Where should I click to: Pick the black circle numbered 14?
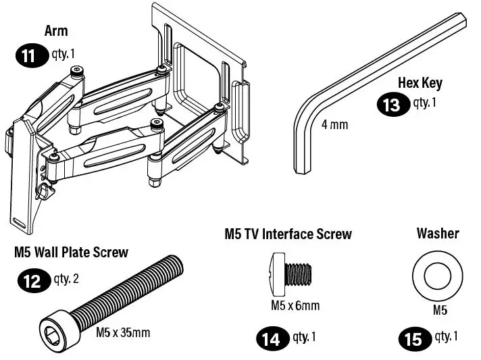pyautogui.click(x=271, y=338)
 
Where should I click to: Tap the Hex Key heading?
pyautogui.click(x=420, y=83)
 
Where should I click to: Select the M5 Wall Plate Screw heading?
pyautogui.click(x=71, y=253)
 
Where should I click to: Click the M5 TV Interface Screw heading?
pyautogui.click(x=288, y=234)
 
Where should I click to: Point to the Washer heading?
pyautogui.click(x=437, y=234)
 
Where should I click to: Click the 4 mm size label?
pyautogui.click(x=334, y=125)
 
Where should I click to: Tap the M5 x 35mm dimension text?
pyautogui.click(x=122, y=332)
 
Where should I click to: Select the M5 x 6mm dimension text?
pyautogui.click(x=295, y=305)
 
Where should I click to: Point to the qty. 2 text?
pyautogui.click(x=66, y=278)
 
